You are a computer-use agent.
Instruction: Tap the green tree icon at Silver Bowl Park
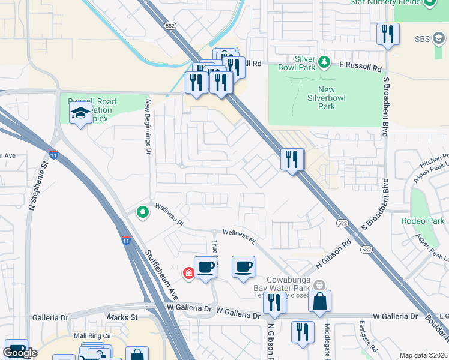click(324, 62)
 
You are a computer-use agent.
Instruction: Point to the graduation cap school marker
click(80, 113)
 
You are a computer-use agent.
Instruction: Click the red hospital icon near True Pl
click(189, 273)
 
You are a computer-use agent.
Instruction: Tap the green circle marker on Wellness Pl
click(143, 212)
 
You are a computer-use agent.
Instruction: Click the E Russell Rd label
click(360, 67)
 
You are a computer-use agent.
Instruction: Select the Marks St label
click(122, 317)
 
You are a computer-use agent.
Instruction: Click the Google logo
click(20, 352)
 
